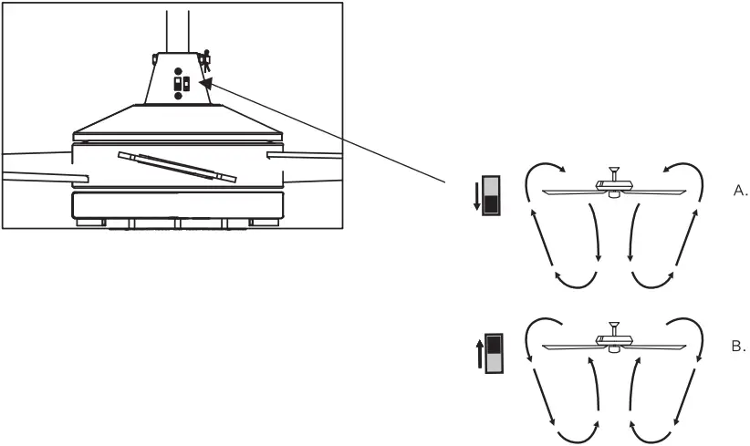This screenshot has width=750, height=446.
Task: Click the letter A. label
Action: [x=740, y=191]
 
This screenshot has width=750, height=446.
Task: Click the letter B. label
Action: [x=739, y=346]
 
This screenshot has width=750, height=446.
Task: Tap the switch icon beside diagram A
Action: [x=491, y=195]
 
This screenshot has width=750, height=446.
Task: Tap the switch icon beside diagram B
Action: [x=495, y=353]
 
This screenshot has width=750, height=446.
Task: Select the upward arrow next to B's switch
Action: [x=479, y=353]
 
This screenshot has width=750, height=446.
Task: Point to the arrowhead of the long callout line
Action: [x=204, y=83]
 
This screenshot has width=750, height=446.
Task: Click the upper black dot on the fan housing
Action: [x=178, y=71]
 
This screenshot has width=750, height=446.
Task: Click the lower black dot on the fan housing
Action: [x=178, y=96]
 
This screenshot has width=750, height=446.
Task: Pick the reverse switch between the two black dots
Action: [x=182, y=84]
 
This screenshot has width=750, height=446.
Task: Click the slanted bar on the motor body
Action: [x=177, y=167]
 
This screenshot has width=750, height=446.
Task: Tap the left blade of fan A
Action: [x=571, y=192]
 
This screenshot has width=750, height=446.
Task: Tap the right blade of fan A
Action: [x=657, y=192]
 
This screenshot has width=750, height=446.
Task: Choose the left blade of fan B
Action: [x=571, y=347]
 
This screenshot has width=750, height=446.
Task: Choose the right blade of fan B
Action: [x=657, y=346]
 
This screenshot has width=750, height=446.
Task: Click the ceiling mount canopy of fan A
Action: [x=614, y=171]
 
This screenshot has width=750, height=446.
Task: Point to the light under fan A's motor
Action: [x=614, y=194]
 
